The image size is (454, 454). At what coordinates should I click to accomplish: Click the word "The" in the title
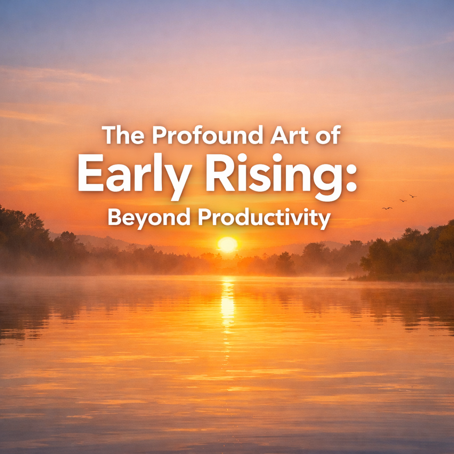(123, 135)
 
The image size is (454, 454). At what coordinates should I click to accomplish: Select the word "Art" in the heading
(290, 135)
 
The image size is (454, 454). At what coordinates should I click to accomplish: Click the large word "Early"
(135, 176)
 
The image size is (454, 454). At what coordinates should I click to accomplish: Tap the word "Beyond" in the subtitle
(149, 218)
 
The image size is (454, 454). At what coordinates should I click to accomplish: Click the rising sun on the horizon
(227, 244)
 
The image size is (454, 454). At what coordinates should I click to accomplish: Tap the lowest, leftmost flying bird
(387, 208)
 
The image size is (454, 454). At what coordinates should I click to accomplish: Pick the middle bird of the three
(403, 200)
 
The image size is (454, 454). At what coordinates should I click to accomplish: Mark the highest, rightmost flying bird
(413, 196)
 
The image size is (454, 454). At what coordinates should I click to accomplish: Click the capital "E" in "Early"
(91, 172)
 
